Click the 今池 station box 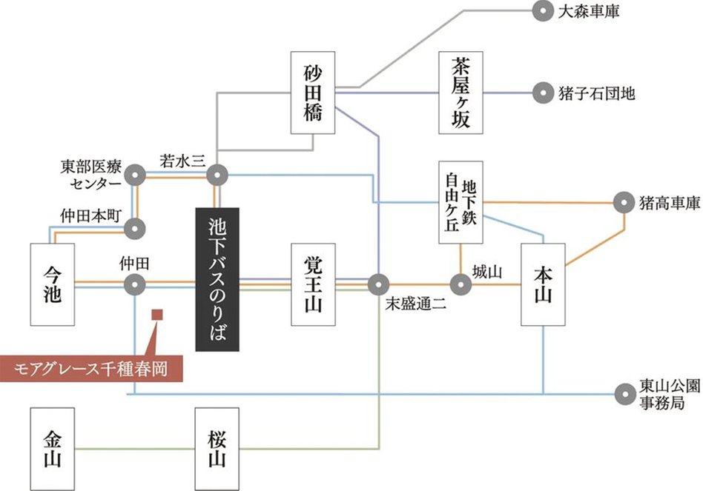(x=53, y=284)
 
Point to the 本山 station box (x=544, y=284)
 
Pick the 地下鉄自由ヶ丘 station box (x=461, y=202)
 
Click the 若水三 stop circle (x=217, y=176)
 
